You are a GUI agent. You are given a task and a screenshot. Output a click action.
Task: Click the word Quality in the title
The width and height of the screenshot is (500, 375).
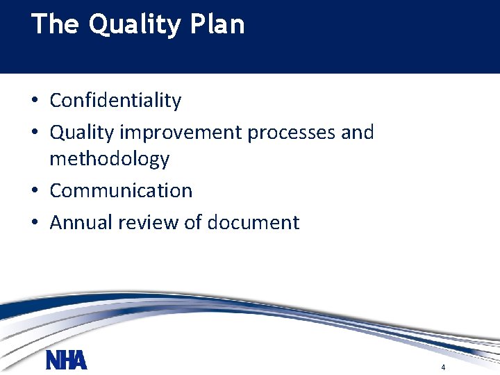click(x=135, y=25)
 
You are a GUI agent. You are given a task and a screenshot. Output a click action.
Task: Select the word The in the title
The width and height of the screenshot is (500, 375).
click(x=55, y=24)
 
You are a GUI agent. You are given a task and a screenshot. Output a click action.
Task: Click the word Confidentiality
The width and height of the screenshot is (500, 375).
click(x=115, y=101)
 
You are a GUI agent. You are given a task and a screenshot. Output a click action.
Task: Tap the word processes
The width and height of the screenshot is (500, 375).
click(x=282, y=133)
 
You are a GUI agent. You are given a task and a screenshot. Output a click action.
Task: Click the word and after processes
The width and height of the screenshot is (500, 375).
click(x=358, y=132)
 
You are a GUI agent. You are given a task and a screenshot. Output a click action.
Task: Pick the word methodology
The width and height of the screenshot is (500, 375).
click(x=109, y=159)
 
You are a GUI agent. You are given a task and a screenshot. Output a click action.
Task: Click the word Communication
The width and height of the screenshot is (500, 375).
click(x=121, y=191)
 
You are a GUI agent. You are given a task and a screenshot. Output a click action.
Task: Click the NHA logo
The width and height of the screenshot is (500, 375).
click(x=67, y=360)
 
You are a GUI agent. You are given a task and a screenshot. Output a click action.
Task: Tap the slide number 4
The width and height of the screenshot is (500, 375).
click(x=442, y=367)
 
